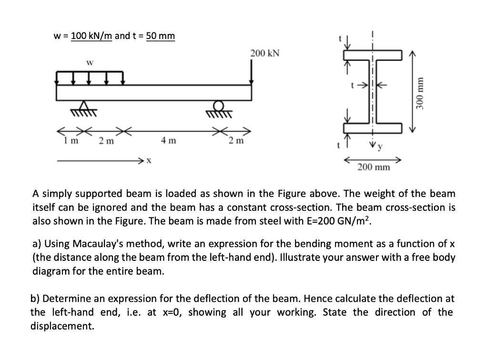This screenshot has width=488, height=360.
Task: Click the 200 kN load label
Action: tap(264, 53)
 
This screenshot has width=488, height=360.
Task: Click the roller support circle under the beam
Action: tap(220, 106)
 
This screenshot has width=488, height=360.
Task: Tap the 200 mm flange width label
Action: tap(374, 167)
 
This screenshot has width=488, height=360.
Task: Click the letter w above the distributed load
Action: tap(89, 62)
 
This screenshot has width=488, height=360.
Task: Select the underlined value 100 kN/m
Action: tap(91, 36)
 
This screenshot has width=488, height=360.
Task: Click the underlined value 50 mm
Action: tap(160, 36)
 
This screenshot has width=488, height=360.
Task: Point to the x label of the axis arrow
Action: tap(148, 162)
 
